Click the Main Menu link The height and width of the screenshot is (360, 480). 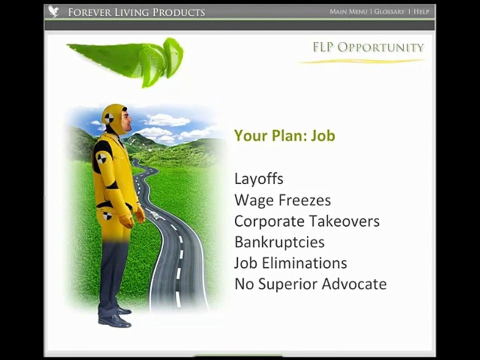pyautogui.click(x=348, y=11)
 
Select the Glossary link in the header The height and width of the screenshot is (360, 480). pyautogui.click(x=389, y=11)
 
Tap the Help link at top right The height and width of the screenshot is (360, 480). pyautogui.click(x=421, y=11)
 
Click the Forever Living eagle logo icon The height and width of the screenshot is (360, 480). pyautogui.click(x=54, y=11)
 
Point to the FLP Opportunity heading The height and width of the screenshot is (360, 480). pyautogui.click(x=368, y=48)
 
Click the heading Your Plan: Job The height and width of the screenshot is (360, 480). pyautogui.click(x=284, y=135)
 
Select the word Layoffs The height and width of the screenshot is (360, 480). pyautogui.click(x=258, y=179)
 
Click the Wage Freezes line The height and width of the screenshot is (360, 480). pyautogui.click(x=282, y=200)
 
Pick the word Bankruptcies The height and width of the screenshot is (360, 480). pyautogui.click(x=279, y=242)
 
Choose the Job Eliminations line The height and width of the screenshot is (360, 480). pyautogui.click(x=290, y=263)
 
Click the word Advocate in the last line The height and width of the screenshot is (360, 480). pyautogui.click(x=354, y=284)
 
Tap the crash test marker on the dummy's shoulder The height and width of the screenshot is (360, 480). pyautogui.click(x=101, y=158)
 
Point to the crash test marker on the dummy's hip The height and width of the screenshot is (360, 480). pyautogui.click(x=107, y=216)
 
